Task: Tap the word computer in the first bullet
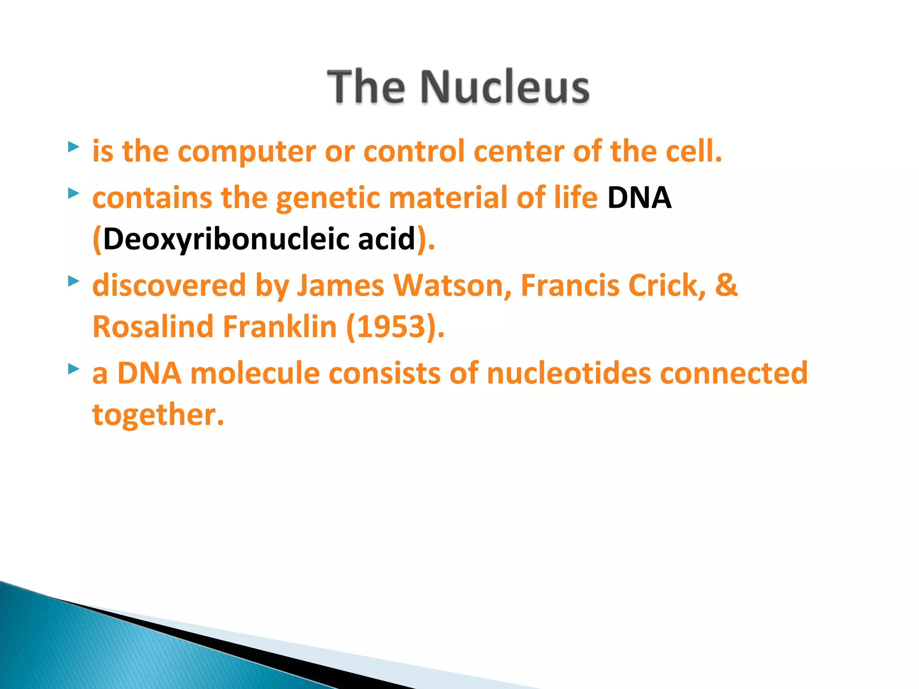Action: tap(247, 152)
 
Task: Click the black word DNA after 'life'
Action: tap(639, 198)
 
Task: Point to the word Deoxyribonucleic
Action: tap(227, 239)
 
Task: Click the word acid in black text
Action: tap(386, 239)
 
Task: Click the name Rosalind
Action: tap(153, 327)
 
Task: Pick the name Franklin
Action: tap(280, 327)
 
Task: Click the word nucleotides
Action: tap(569, 373)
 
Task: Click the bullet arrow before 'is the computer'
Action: tap(74, 147)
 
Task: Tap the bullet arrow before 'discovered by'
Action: tap(74, 281)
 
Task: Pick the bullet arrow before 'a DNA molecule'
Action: tap(74, 369)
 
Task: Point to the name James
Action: tap(341, 286)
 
